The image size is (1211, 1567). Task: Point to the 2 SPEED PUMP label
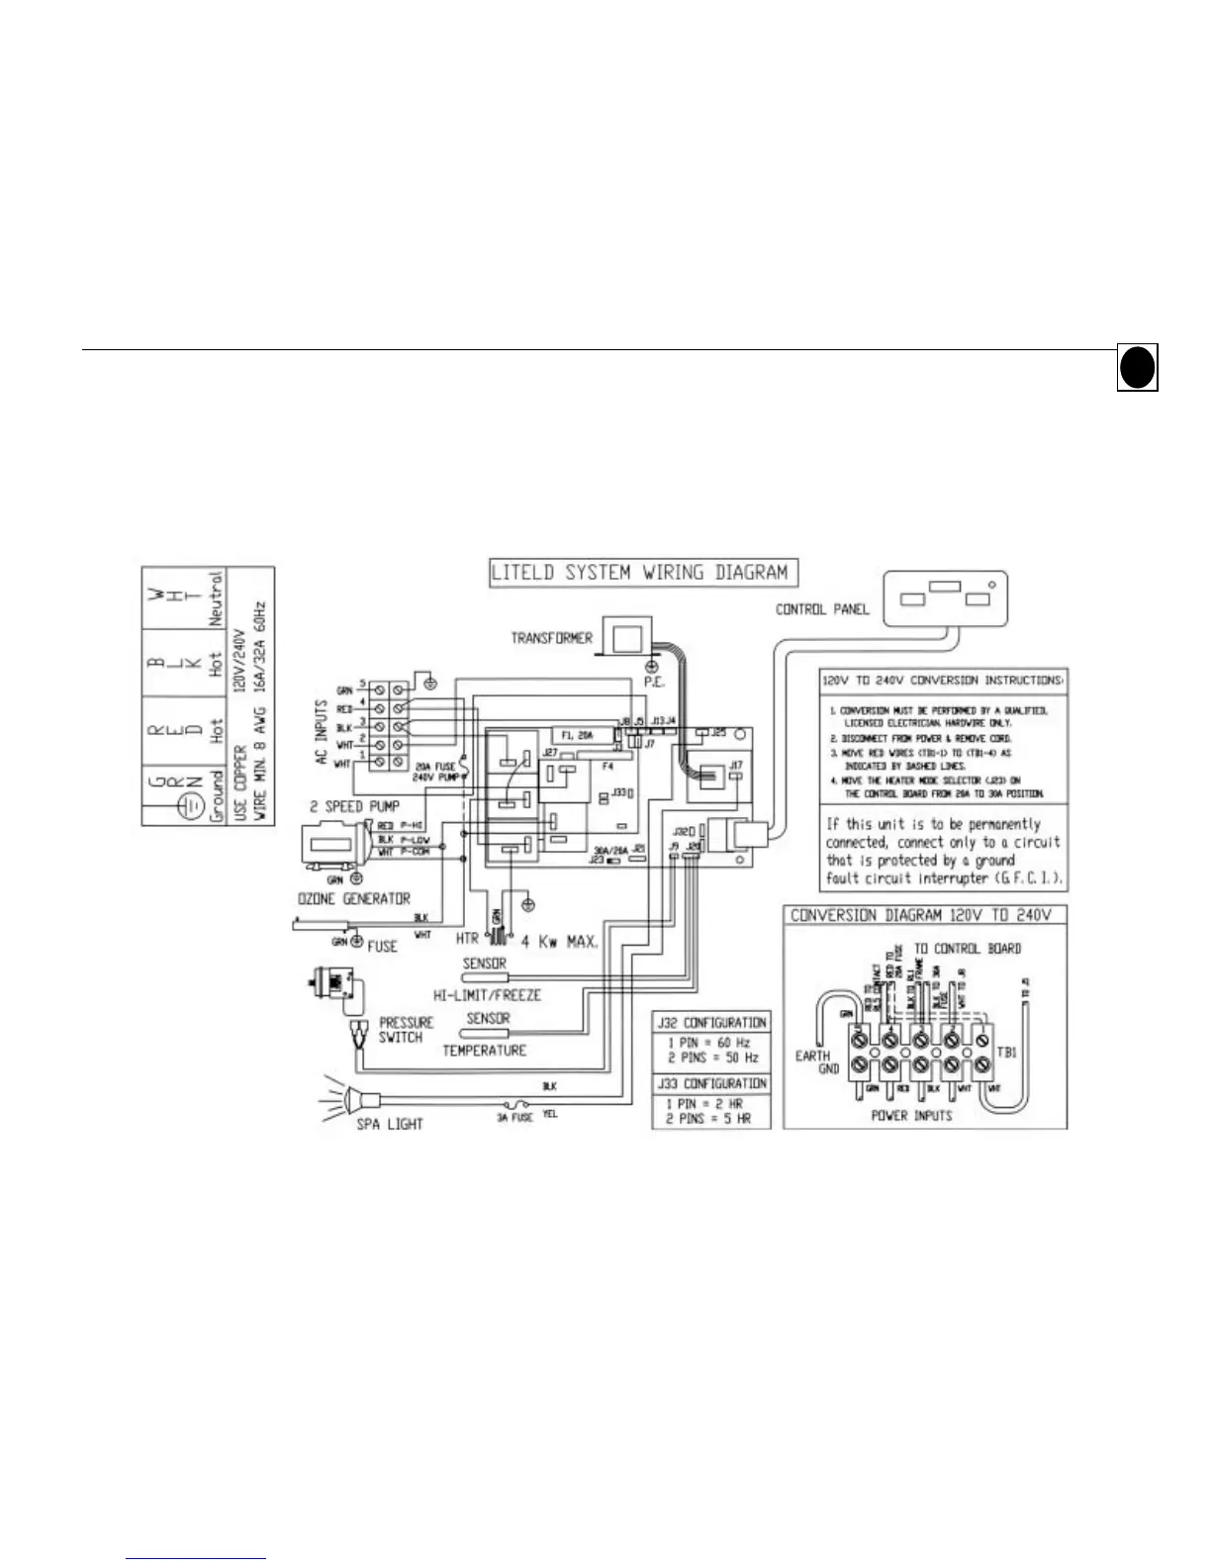pos(356,806)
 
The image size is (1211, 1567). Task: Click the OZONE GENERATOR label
pos(354,898)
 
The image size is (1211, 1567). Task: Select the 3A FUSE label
pos(514,1117)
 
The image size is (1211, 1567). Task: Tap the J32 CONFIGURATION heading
pos(710,1022)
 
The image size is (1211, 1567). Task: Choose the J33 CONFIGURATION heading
pos(710,1083)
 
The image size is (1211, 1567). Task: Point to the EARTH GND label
pos(815,1061)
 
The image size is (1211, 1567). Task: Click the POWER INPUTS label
pos(911,1115)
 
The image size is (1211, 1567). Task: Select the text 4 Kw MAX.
pos(559,941)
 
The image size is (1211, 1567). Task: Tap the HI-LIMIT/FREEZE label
pos(487,994)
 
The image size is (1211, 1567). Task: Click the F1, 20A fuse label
pos(578,736)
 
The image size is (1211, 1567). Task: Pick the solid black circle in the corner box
pos(1138,368)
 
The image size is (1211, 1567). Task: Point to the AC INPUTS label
pos(322,731)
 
